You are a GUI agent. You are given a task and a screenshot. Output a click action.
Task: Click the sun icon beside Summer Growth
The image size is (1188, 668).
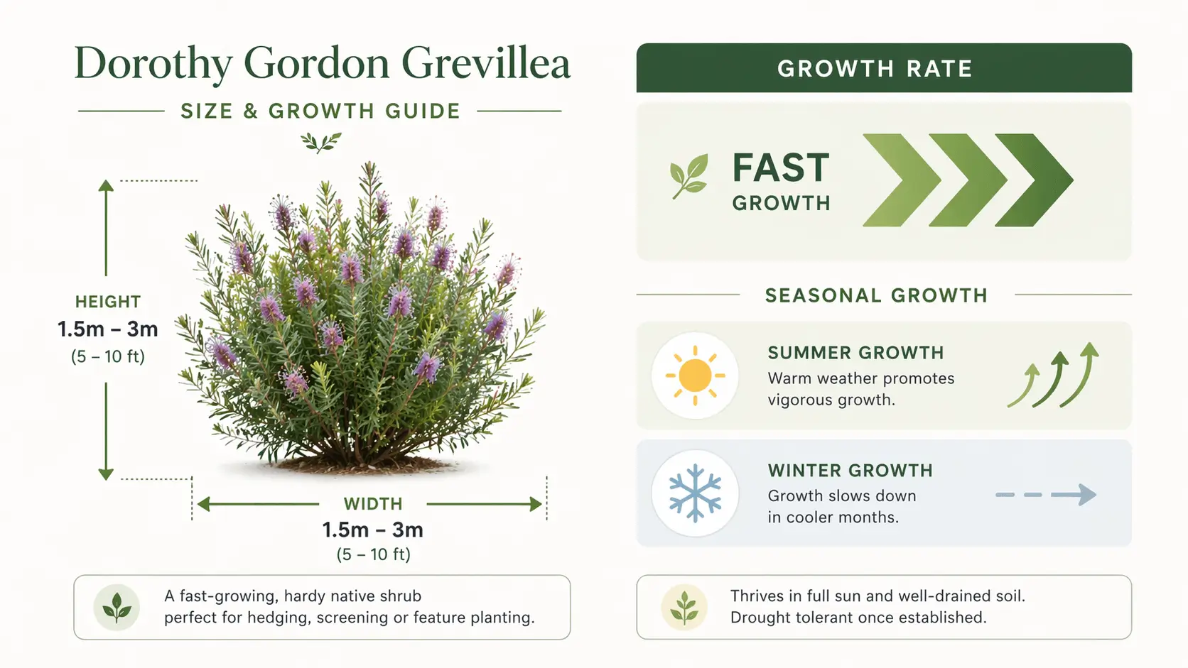[695, 376]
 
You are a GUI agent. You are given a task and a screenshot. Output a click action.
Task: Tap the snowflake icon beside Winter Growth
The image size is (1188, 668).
[695, 493]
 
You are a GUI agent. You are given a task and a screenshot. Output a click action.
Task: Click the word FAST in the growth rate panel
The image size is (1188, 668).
[781, 168]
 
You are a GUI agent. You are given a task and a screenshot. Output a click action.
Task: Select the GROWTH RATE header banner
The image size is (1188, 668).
[883, 68]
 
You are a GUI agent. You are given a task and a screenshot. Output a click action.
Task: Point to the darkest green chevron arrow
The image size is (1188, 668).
[1034, 180]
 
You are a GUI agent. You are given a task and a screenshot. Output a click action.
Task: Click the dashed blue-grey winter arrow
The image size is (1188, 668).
[1046, 494]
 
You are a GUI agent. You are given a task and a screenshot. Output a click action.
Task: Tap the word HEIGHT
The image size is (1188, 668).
[108, 302]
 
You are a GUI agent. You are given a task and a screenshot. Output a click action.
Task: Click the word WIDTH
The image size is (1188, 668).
[373, 504]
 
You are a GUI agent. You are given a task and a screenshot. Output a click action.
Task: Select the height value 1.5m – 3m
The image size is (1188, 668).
[108, 329]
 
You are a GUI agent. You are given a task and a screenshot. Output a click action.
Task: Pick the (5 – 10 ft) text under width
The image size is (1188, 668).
[373, 554]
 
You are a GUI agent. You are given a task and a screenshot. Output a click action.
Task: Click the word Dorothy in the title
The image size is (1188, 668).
[153, 64]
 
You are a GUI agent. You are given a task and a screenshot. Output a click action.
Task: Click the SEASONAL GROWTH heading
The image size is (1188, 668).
[876, 295]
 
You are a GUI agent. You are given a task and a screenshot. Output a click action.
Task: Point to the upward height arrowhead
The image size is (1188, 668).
[106, 186]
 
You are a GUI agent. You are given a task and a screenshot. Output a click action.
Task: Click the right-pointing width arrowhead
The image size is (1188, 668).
[536, 504]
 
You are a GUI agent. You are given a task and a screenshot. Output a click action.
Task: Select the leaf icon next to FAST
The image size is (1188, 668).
[689, 175]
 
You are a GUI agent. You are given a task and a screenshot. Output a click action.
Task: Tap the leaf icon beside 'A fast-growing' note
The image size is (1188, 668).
[117, 608]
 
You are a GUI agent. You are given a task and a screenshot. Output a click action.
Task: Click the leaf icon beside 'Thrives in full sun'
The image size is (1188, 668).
[684, 608]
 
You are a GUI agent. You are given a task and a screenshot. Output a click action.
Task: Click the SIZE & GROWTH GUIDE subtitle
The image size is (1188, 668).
[320, 111]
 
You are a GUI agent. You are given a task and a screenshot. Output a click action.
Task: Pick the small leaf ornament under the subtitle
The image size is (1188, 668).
[320, 142]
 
